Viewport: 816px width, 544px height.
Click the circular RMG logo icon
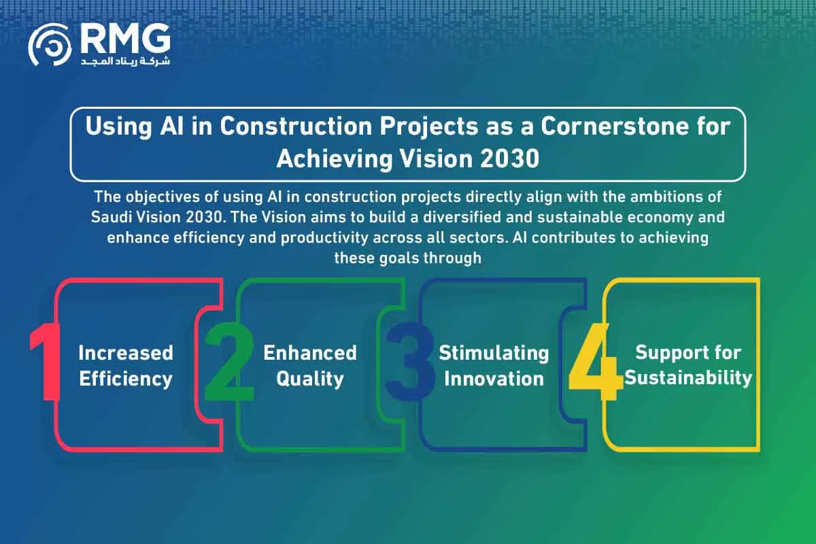coord(50,44)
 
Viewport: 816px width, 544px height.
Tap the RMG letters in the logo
coord(125,38)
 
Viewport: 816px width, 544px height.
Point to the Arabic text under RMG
coord(125,61)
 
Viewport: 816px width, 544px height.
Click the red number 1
coord(45,362)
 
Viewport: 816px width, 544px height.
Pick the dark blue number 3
coord(411,362)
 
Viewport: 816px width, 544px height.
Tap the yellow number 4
coord(596,362)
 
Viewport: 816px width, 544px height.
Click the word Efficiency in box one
coord(126,379)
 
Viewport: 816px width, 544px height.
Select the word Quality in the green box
coord(310,379)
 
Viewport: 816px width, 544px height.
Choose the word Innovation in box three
coord(494,379)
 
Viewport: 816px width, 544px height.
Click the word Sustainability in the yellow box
coord(688,378)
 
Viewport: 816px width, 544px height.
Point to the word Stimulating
coord(494,354)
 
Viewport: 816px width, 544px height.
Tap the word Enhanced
coord(310,353)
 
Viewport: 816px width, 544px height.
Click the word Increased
coord(126,353)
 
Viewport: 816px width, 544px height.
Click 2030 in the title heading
coord(509,159)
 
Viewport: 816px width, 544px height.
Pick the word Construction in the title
coord(296,126)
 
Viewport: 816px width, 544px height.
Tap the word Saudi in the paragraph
coord(110,217)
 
